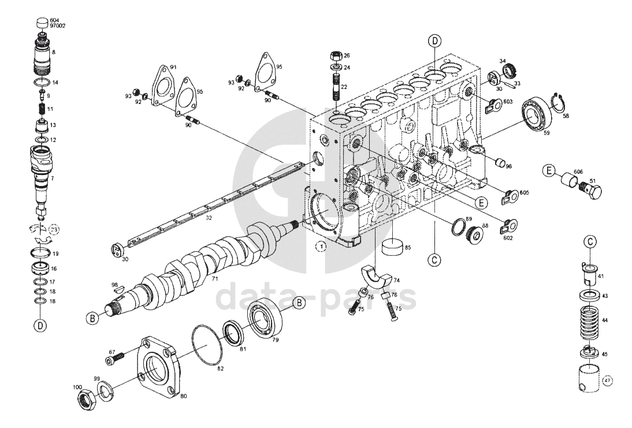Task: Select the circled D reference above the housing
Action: point(434,41)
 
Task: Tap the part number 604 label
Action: point(54,20)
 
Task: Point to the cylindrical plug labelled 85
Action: point(393,247)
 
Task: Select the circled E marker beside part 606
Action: point(549,170)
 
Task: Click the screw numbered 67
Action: point(115,360)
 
